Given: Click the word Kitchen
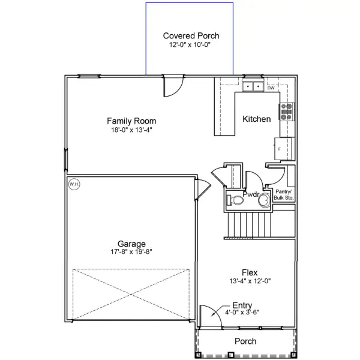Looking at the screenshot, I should click(256, 119).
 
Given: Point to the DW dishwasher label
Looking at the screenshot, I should click(271, 87).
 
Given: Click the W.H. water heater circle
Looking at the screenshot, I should click(74, 184).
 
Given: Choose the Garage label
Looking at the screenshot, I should click(131, 244).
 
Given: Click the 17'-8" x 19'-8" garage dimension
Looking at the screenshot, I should click(131, 252).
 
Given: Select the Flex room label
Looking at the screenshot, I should click(250, 271).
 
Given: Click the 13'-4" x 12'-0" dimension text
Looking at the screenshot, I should click(250, 280).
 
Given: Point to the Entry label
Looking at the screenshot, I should click(242, 305).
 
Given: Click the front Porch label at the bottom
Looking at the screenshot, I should click(245, 341).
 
